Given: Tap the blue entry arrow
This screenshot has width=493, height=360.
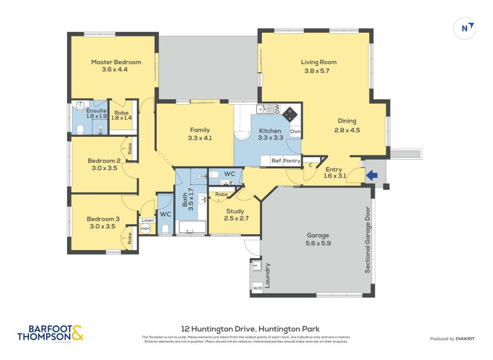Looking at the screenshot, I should [x=372, y=175].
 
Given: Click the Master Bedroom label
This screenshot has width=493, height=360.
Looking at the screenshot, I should [x=116, y=62].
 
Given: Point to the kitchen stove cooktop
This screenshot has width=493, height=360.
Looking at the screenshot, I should [x=290, y=114].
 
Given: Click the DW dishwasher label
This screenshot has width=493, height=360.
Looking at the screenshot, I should [x=277, y=108].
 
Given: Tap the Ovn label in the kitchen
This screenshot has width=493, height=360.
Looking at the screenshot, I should [x=295, y=131].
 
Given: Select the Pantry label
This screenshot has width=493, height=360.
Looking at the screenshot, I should [x=292, y=161].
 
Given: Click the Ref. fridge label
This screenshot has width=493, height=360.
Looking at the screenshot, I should [x=277, y=161].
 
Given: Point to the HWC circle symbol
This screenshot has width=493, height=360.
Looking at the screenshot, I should [x=146, y=229].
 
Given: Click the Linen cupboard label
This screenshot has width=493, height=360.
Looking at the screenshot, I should [x=147, y=220].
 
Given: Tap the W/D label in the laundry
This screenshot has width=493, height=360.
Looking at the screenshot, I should [x=256, y=287].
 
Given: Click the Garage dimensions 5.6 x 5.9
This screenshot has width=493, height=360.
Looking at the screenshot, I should [x=319, y=243].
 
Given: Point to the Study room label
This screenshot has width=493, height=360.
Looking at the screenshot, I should [x=236, y=211].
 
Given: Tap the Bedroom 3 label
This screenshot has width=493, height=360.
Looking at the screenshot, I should [x=103, y=218].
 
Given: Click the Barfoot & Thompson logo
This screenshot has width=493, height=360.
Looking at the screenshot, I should [x=51, y=333].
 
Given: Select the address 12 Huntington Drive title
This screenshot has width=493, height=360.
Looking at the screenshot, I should [x=250, y=329].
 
